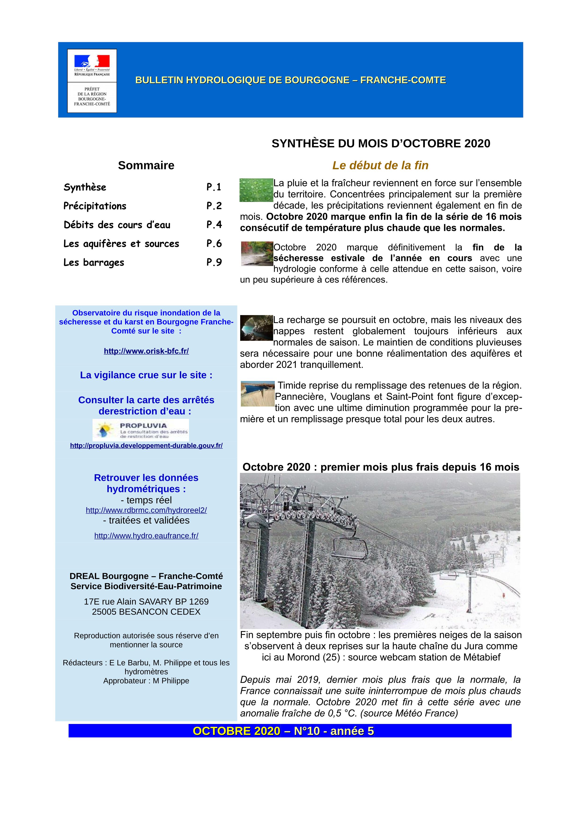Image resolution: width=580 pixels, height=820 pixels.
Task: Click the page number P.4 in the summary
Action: pyautogui.click(x=214, y=225)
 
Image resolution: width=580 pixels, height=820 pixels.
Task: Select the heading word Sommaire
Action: pyautogui.click(x=146, y=165)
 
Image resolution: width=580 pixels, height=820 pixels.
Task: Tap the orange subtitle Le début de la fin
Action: pyautogui.click(x=380, y=165)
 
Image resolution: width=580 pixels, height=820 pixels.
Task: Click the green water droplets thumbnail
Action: pyautogui.click(x=256, y=190)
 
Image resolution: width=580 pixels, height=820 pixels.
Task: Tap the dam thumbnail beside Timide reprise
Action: pyautogui.click(x=257, y=394)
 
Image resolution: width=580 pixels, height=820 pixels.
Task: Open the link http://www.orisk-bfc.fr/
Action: pyautogui.click(x=146, y=351)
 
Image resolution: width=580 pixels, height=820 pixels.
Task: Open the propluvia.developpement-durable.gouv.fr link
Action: pyautogui.click(x=146, y=446)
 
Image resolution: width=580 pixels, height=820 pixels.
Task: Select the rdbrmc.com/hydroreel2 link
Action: pyautogui.click(x=146, y=510)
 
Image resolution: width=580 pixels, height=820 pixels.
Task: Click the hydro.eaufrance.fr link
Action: pyautogui.click(x=146, y=536)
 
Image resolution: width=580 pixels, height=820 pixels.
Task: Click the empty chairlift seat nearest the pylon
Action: pyautogui.click(x=349, y=549)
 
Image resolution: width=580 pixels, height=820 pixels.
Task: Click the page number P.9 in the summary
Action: pyautogui.click(x=214, y=263)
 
